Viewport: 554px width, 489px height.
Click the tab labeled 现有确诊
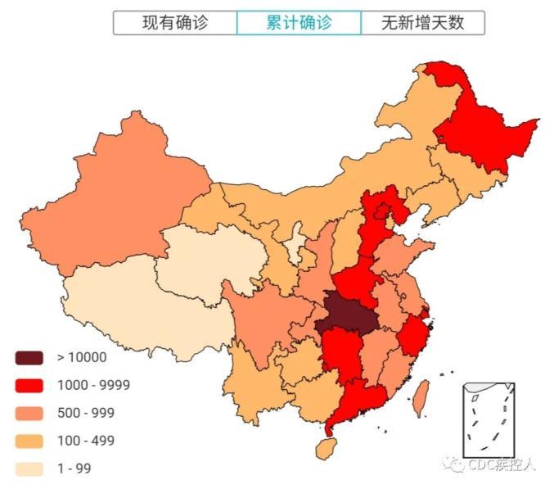coord(175,23)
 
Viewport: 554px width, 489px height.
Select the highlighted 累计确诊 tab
coord(299,23)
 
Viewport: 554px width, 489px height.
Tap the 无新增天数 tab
coord(422,23)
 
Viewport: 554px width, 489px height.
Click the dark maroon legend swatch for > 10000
coord(29,357)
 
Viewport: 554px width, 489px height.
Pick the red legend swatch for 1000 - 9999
coord(29,385)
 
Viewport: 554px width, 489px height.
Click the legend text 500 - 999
coord(85,413)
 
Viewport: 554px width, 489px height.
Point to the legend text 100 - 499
coord(85,441)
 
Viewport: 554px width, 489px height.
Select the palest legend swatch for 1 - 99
coord(29,469)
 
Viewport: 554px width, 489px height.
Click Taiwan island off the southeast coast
coord(420,398)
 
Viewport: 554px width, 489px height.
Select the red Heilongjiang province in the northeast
coord(483,131)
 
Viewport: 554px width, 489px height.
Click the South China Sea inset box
coord(488,418)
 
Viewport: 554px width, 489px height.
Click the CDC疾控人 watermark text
coord(499,465)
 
